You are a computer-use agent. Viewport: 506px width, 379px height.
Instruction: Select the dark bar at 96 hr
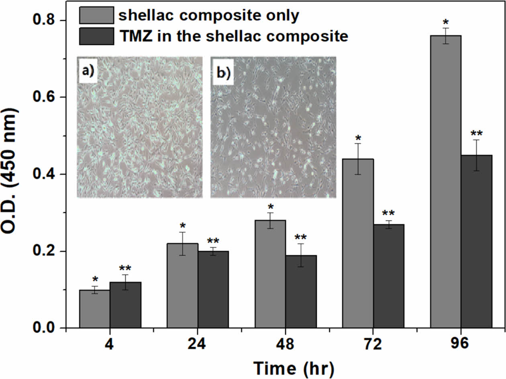(x=476, y=242)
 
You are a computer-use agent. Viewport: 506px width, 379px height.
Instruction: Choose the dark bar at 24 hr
(x=213, y=289)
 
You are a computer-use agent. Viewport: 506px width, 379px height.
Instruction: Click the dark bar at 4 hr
(x=125, y=305)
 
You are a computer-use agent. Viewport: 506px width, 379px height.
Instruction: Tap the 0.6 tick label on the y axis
(x=45, y=97)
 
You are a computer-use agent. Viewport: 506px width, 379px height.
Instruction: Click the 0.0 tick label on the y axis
(x=45, y=328)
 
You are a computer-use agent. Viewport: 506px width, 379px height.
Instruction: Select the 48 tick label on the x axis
(x=285, y=345)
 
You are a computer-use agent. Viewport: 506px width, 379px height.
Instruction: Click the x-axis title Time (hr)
(x=293, y=368)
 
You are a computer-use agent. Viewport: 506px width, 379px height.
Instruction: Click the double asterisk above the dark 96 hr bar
(x=476, y=133)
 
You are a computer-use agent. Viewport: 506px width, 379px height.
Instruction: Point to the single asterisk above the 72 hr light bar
(x=358, y=137)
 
